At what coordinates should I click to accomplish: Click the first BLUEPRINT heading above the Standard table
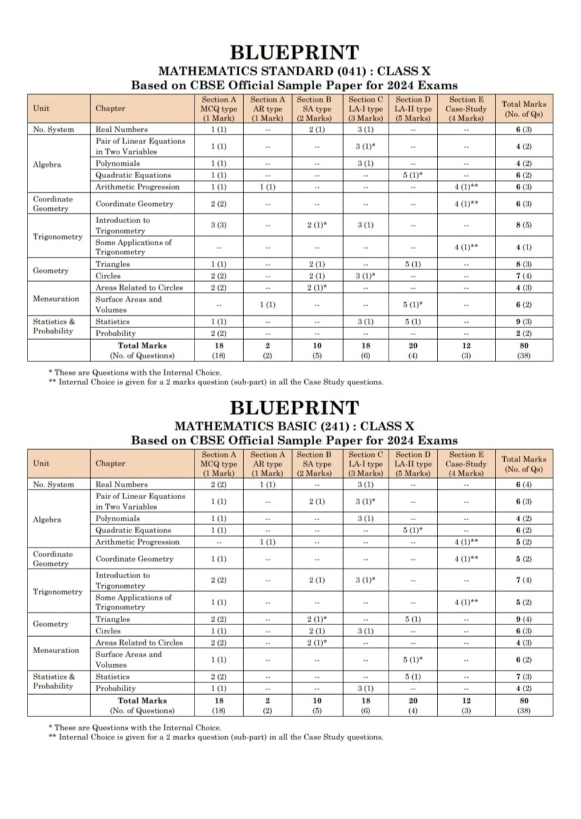[294, 52]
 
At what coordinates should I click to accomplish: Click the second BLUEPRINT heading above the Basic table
[294, 407]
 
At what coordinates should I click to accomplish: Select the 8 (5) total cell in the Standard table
[524, 225]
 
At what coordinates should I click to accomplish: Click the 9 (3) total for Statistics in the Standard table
[524, 322]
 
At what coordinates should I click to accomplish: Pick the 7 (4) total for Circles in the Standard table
[524, 275]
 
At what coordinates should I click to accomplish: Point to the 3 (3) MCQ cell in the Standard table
[219, 225]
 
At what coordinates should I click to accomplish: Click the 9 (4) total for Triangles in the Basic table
[524, 619]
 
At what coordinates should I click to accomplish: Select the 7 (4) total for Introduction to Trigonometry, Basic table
[524, 580]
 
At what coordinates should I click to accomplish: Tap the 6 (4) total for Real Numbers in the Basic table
[524, 484]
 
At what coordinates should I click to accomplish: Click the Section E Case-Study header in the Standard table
[466, 109]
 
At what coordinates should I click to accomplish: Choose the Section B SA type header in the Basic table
[317, 463]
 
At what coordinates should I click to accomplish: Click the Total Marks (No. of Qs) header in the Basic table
[524, 464]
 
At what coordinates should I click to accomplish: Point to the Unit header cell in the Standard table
[42, 108]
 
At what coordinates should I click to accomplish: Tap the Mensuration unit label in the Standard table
[56, 299]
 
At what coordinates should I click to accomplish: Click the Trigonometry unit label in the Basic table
[57, 592]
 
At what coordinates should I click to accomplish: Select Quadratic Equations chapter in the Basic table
[133, 530]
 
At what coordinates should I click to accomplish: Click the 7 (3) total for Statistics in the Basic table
[524, 677]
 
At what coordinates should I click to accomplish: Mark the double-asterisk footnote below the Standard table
[217, 382]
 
